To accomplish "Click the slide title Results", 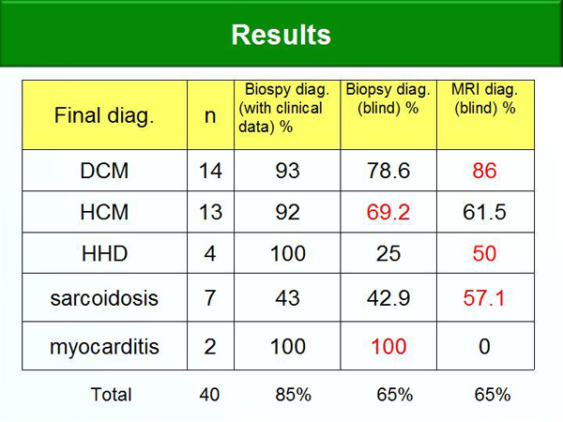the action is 281,35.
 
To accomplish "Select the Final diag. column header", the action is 104,115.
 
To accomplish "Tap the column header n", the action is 210,116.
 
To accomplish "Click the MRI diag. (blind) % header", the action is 485,98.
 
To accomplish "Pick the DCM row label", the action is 104,171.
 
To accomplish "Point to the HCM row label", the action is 104,212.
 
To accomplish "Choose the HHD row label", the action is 104,253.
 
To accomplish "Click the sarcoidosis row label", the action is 104,298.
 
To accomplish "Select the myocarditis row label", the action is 104,347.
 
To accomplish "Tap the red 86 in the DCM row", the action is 484,171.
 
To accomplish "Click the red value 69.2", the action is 388,212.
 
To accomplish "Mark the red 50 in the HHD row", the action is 484,253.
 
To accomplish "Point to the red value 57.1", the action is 483,298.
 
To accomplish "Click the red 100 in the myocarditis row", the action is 388,346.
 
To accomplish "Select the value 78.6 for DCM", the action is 388,171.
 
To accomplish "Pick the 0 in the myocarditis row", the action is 484,346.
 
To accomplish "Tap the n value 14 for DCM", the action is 210,171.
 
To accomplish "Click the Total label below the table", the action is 111,395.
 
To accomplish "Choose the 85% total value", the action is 293,395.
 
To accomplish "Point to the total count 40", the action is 209,395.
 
